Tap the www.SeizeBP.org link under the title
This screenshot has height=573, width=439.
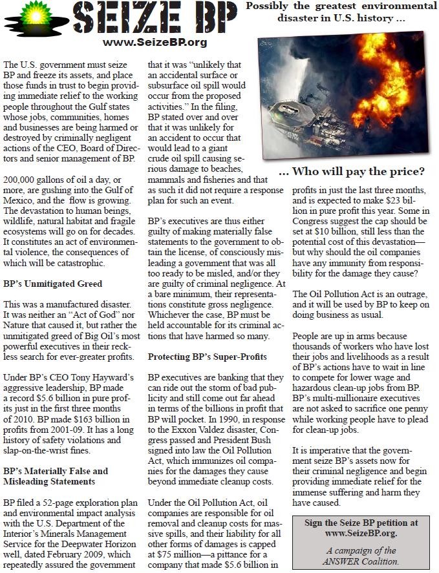(155, 42)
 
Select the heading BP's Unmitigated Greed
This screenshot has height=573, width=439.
(53, 284)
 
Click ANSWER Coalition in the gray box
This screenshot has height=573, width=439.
(364, 561)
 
